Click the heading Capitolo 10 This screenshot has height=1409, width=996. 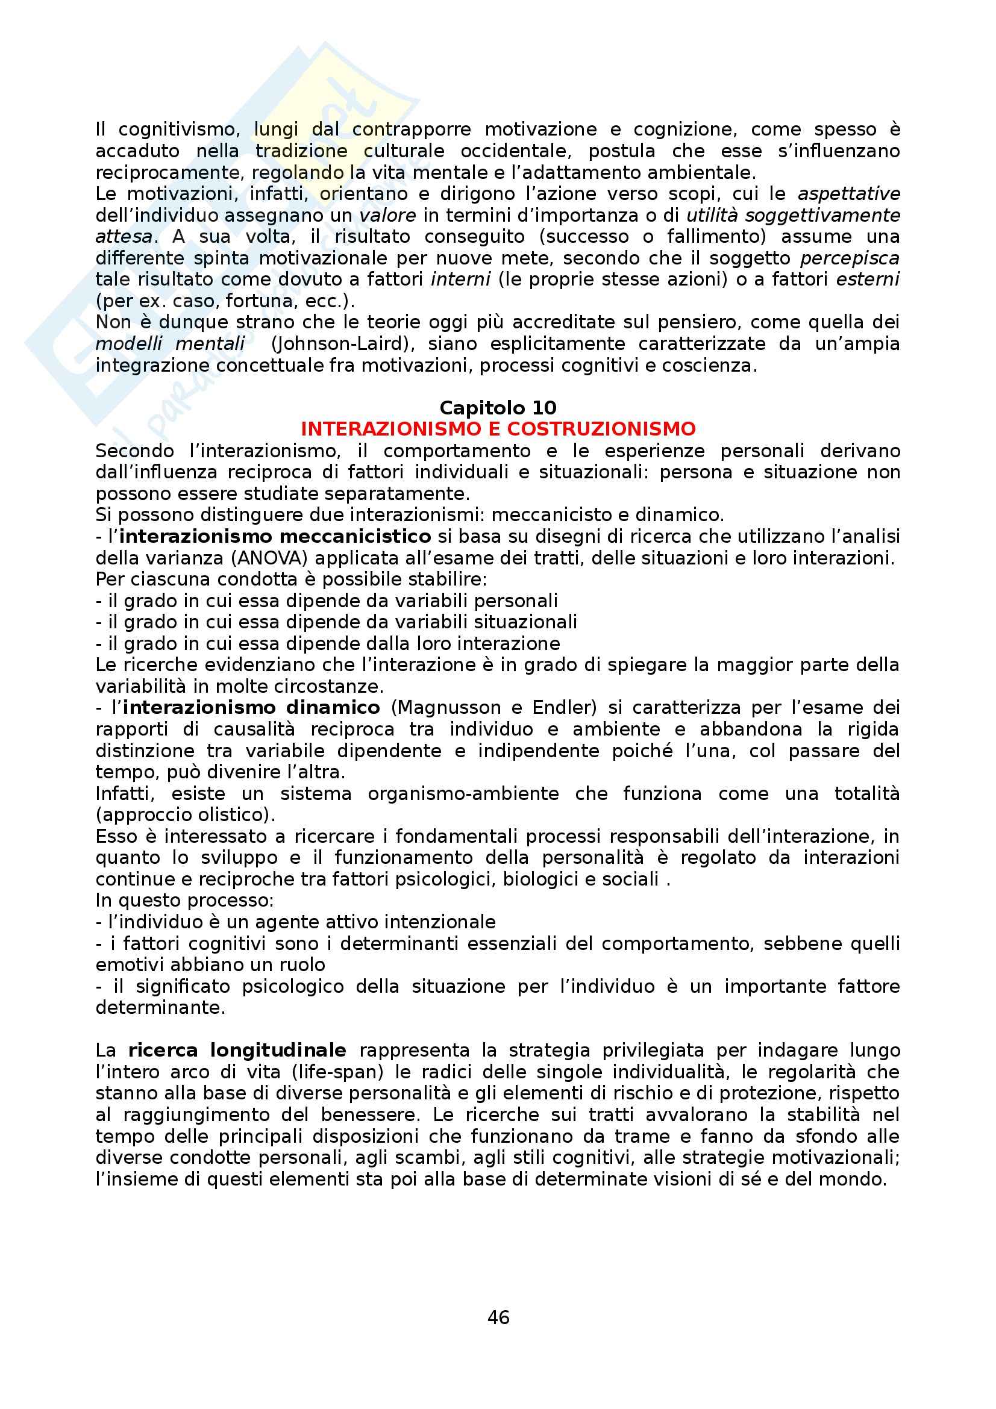(498, 407)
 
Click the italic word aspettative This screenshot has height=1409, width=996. (849, 194)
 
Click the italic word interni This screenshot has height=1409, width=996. (460, 280)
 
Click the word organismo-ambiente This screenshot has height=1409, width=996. (463, 793)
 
